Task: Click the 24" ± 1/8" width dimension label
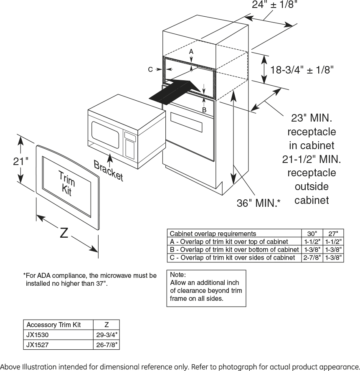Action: pyautogui.click(x=274, y=4)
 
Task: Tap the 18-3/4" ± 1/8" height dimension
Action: pyautogui.click(x=302, y=70)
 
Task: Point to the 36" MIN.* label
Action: pyautogui.click(x=259, y=203)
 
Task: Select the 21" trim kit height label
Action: pyautogui.click(x=20, y=161)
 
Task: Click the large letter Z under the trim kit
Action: pyautogui.click(x=64, y=233)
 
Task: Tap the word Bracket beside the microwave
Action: pyautogui.click(x=109, y=170)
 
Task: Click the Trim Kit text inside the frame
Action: pyautogui.click(x=67, y=183)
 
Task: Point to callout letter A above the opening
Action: pyautogui.click(x=191, y=51)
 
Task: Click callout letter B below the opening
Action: pyautogui.click(x=204, y=110)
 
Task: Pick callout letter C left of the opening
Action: pyautogui.click(x=150, y=69)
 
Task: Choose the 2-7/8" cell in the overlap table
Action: pyautogui.click(x=312, y=258)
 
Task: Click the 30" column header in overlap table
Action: pyautogui.click(x=312, y=234)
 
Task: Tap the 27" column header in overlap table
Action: pyautogui.click(x=333, y=234)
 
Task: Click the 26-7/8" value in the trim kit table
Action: pyautogui.click(x=106, y=345)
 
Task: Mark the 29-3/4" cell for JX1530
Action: pyautogui.click(x=106, y=335)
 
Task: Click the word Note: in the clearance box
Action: pyautogui.click(x=178, y=275)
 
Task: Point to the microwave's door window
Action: pyautogui.click(x=105, y=135)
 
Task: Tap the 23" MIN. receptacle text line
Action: pyautogui.click(x=312, y=118)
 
